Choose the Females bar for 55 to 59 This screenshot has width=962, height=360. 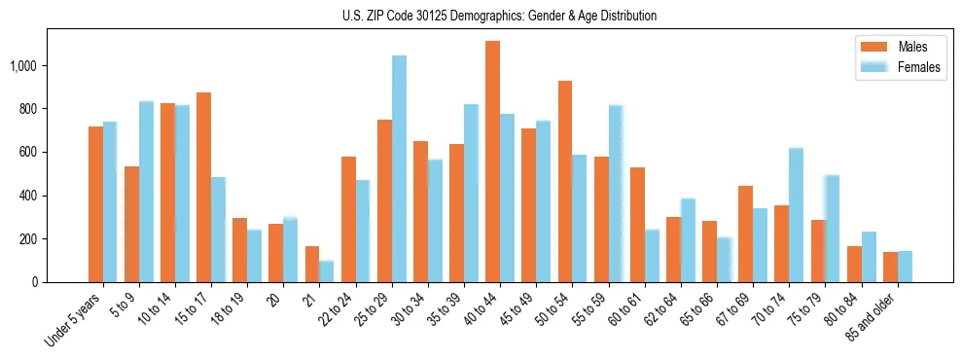click(x=616, y=194)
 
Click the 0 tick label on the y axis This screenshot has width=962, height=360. click(x=35, y=282)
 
